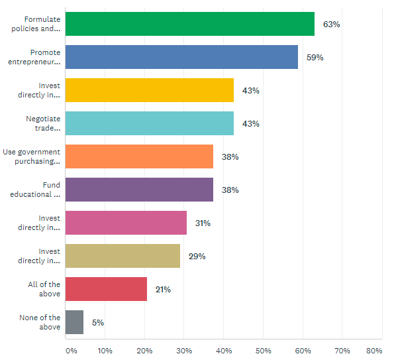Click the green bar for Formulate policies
coord(190,24)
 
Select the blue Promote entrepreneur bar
coord(181,57)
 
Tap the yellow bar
coord(150,90)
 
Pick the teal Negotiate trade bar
coord(150,123)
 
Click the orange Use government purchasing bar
coord(139,156)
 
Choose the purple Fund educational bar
coord(139,190)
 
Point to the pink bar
coord(126,223)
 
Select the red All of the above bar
coord(107,289)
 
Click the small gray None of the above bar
coord(74,322)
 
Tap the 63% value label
coord(332,25)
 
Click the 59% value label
coord(315,58)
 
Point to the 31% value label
coord(203,223)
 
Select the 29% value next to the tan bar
coord(197,257)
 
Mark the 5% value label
coord(98,322)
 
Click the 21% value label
coord(163,290)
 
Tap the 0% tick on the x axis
coord(72,351)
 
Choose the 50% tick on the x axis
coord(264,351)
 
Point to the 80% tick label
coord(374,351)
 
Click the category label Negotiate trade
coord(43,123)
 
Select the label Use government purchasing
coord(32,156)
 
